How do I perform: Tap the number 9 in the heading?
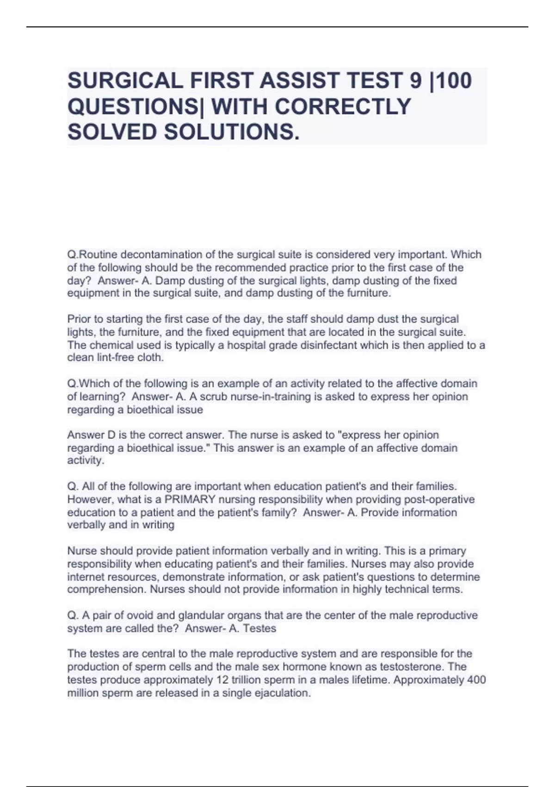pos(416,81)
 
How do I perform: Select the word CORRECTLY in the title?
pos(343,106)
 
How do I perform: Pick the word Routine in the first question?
pos(92,255)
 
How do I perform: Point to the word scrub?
pos(214,397)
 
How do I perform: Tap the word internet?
pos(86,577)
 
